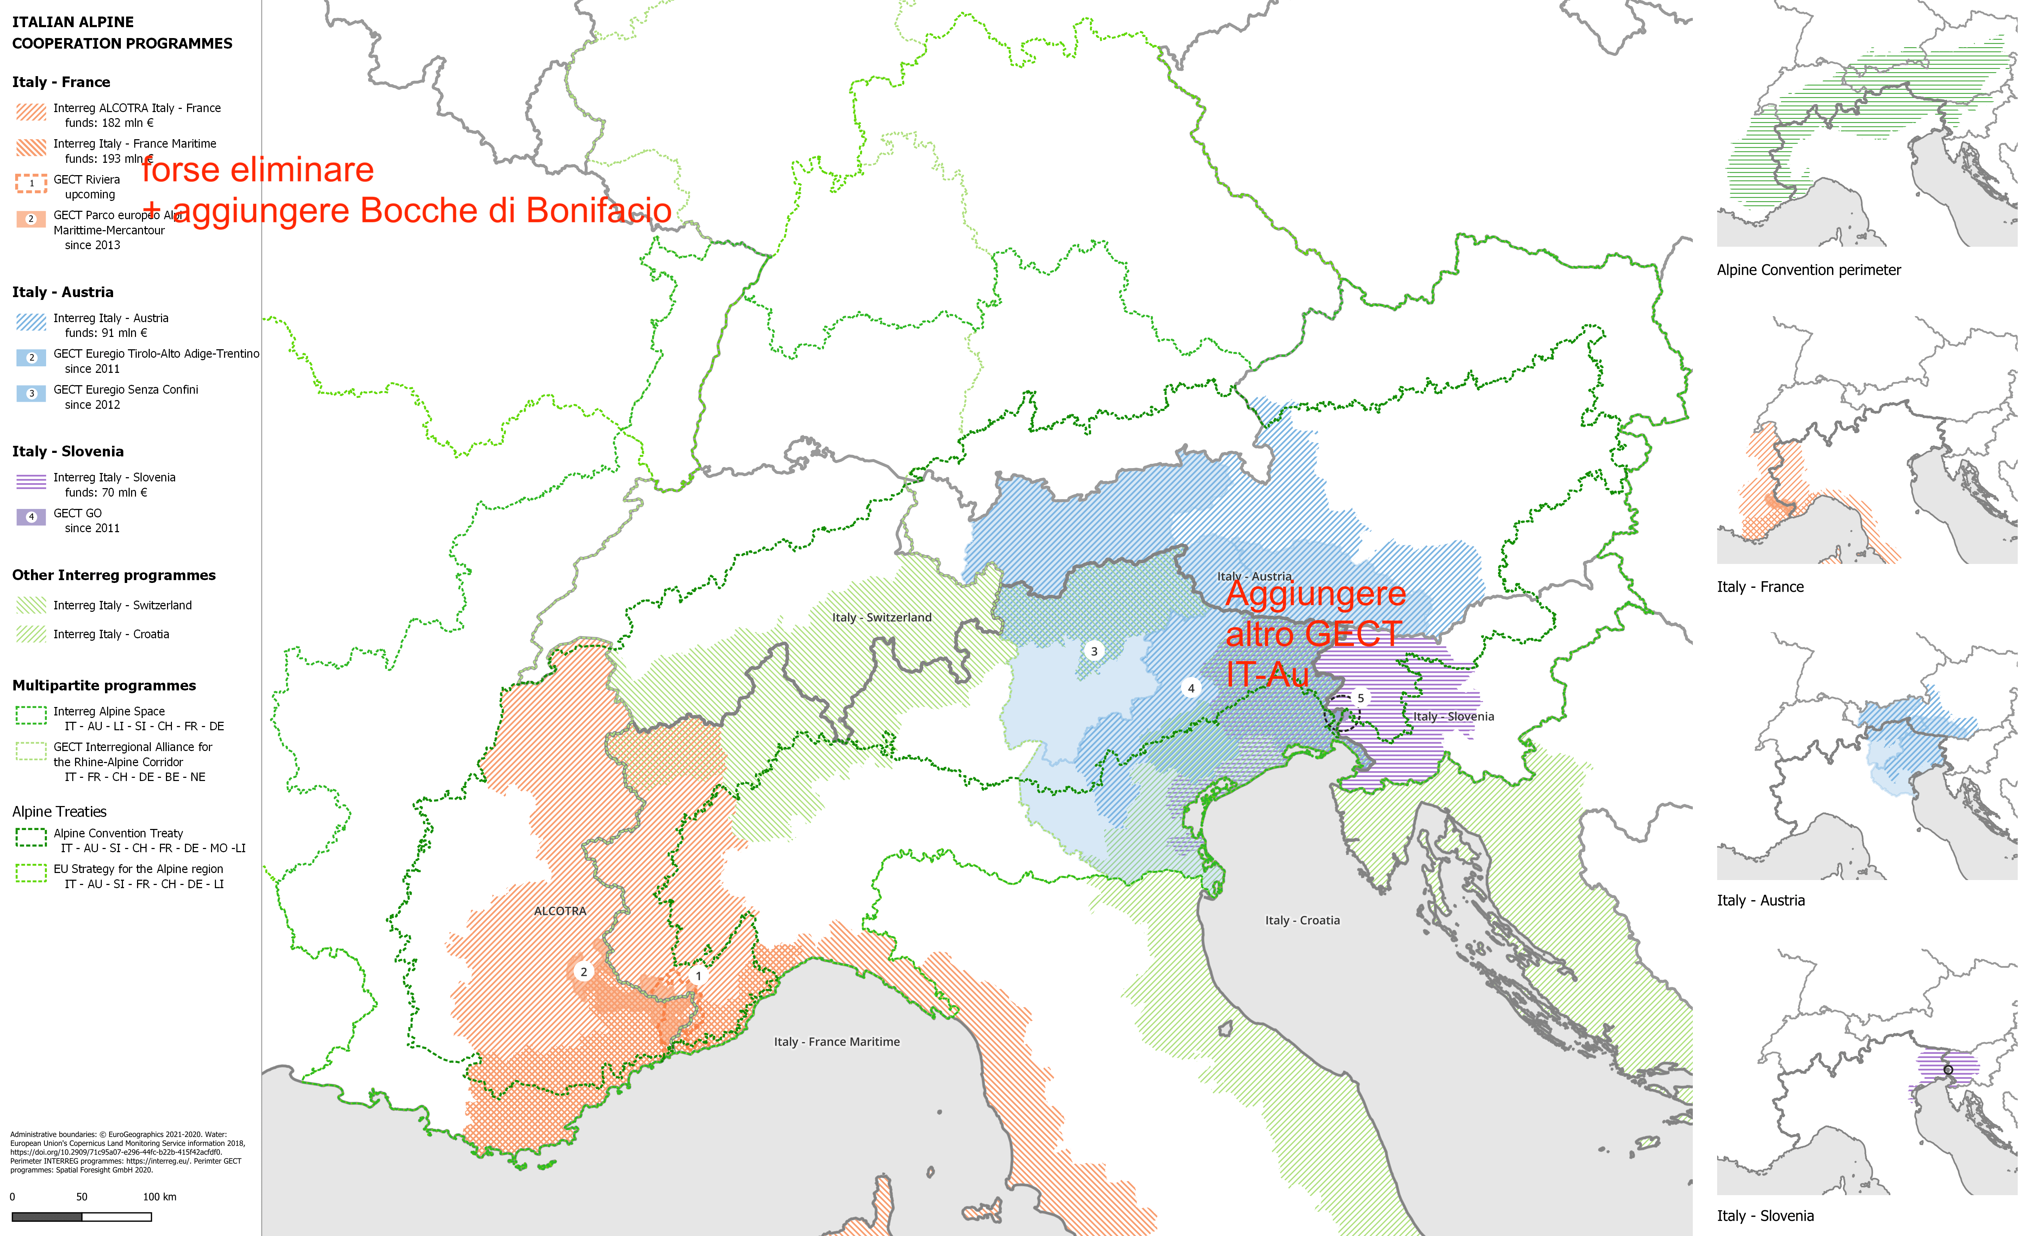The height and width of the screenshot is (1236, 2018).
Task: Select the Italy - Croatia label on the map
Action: (1302, 921)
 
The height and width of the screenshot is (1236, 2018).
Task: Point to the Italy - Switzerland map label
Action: (881, 617)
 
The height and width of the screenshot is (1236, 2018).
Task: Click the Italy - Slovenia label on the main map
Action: (1454, 717)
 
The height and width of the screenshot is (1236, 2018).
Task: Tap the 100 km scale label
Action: (160, 1197)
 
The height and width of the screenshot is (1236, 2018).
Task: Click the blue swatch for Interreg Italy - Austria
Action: (31, 322)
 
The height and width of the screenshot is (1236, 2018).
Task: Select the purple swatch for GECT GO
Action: (31, 517)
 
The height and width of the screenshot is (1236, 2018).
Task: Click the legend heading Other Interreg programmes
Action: (114, 575)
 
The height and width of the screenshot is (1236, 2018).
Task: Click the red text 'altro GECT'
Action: (1314, 634)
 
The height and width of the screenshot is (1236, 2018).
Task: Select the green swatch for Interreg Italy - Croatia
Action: (31, 634)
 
